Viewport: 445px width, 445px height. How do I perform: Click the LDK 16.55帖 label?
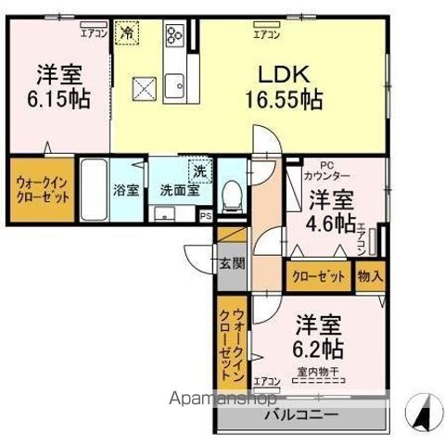284,87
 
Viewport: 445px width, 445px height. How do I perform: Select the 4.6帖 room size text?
331,223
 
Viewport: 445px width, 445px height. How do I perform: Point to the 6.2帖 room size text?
320,349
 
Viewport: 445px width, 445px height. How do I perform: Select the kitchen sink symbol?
173,86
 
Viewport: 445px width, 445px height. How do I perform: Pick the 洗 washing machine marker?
198,171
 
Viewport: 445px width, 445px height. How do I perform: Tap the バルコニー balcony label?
301,414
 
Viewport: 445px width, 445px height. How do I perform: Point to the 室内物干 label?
318,373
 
